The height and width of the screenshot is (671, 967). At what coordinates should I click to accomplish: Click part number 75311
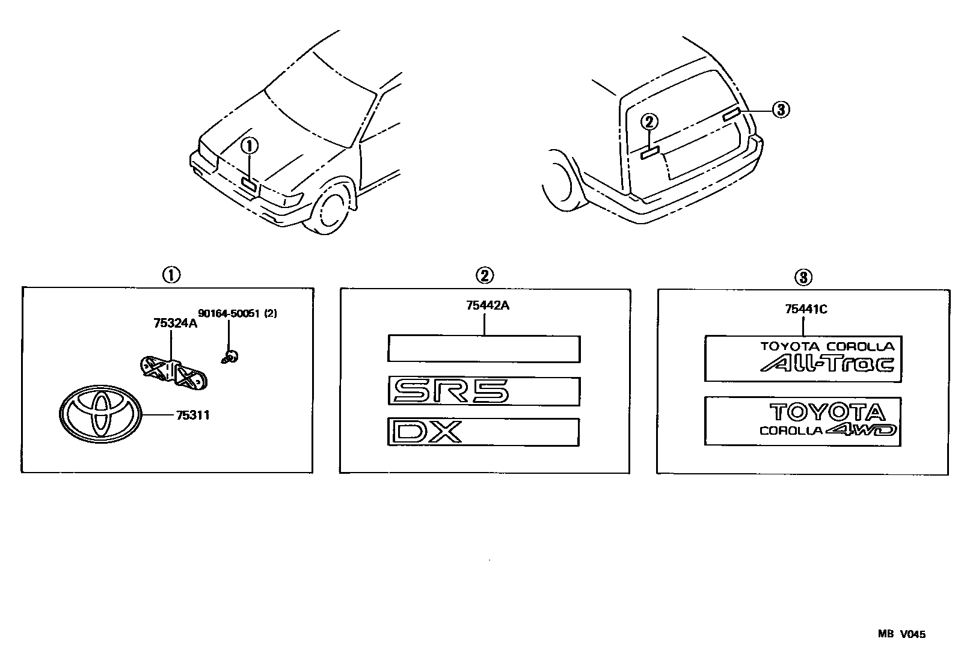(x=192, y=415)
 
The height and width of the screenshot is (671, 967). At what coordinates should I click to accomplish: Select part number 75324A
(x=175, y=323)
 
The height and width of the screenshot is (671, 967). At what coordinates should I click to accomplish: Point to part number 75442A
(x=487, y=305)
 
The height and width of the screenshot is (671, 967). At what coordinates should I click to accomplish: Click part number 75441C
(x=806, y=310)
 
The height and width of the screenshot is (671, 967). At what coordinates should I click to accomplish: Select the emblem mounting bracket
(x=173, y=371)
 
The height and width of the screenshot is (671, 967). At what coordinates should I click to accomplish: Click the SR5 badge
(x=484, y=392)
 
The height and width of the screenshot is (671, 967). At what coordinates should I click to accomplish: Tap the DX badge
(x=484, y=432)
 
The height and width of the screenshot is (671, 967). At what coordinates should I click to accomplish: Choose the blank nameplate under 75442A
(x=484, y=349)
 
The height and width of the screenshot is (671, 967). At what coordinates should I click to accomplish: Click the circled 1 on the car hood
(x=250, y=146)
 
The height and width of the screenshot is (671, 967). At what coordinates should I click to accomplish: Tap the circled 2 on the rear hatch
(x=649, y=122)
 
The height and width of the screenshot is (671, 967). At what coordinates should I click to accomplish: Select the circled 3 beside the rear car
(x=780, y=109)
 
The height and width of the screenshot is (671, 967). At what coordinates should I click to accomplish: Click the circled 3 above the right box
(x=803, y=277)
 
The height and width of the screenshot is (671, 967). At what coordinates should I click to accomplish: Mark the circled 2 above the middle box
(x=484, y=275)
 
